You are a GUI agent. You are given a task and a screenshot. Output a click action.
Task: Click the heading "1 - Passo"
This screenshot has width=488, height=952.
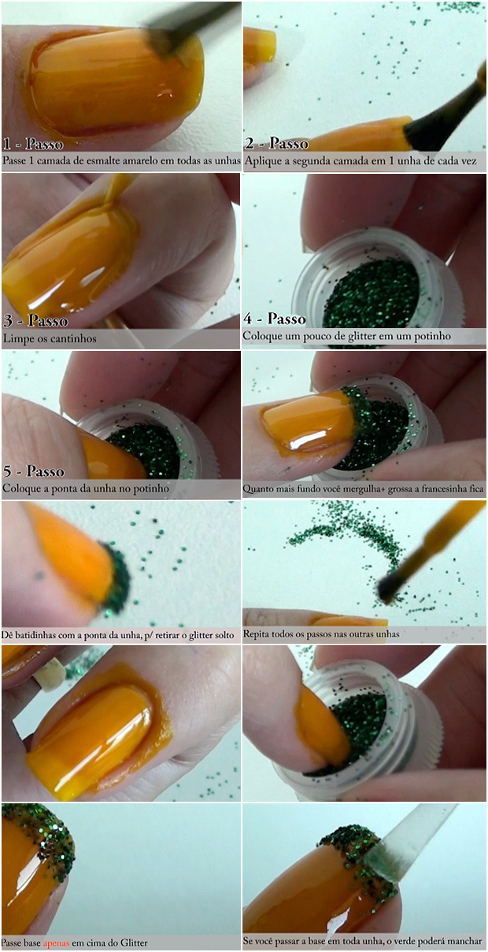(33, 144)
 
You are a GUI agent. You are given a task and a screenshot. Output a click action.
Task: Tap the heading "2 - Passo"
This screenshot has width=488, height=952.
(276, 143)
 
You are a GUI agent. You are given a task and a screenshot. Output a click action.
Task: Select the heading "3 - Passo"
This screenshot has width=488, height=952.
(35, 320)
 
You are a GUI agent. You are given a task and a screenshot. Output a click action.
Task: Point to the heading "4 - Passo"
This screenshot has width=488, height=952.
(275, 319)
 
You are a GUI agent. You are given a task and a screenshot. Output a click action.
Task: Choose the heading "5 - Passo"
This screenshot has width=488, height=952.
(34, 471)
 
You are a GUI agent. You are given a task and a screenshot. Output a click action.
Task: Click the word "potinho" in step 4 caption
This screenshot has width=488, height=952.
(432, 336)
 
